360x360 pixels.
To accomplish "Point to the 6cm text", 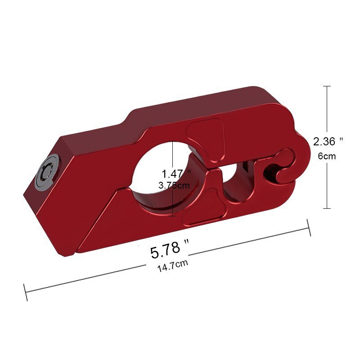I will (327, 156).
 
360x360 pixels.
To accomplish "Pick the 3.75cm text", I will (175, 185).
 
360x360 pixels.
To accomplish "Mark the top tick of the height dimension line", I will (327, 86).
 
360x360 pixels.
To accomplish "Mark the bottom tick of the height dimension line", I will (327, 208).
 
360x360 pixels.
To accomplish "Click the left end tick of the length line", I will (26, 292).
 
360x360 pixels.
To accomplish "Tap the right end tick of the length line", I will (309, 227).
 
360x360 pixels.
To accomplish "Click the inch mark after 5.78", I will (186, 243).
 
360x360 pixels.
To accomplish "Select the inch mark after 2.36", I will (342, 139).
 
